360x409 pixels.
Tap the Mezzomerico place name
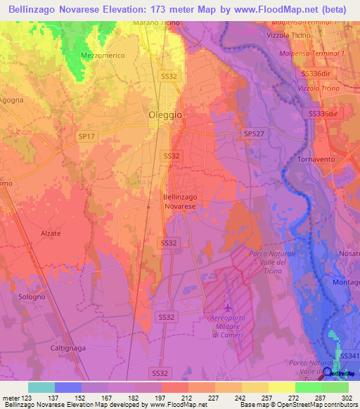(x=102, y=55)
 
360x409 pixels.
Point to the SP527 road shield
(x=252, y=134)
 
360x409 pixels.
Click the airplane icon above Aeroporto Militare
(x=226, y=308)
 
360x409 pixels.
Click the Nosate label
(x=349, y=252)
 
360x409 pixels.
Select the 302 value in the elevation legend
(x=347, y=397)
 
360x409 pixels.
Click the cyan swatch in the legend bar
(x=41, y=387)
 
